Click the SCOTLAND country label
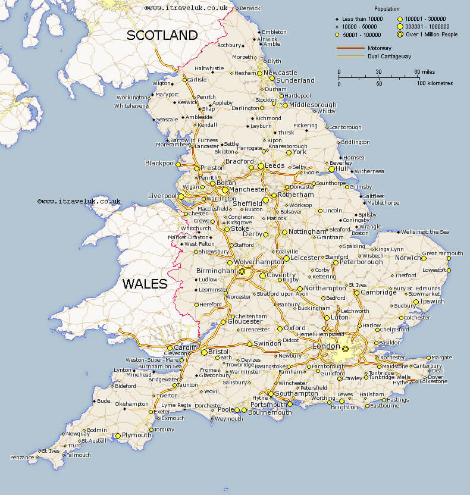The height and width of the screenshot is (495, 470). point(162,35)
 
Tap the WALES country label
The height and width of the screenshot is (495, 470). point(145,284)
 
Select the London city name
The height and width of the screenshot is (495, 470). point(325,346)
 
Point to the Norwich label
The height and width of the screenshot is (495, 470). point(409,258)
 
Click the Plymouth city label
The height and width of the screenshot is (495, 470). point(137,435)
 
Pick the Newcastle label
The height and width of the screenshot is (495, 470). point(281,73)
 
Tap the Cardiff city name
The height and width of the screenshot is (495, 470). point(185,347)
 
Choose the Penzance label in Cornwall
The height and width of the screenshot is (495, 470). point(23,457)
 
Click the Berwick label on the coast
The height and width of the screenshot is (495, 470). point(250,8)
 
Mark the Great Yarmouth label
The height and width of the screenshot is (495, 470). point(442,253)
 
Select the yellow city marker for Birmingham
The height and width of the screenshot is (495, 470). point(242,271)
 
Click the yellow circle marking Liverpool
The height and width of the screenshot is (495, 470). point(181,196)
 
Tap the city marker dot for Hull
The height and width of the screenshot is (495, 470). point(332,169)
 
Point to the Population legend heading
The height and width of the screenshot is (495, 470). point(386,9)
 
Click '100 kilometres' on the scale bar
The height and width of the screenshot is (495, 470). point(434,83)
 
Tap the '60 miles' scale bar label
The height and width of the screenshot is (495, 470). point(425,72)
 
